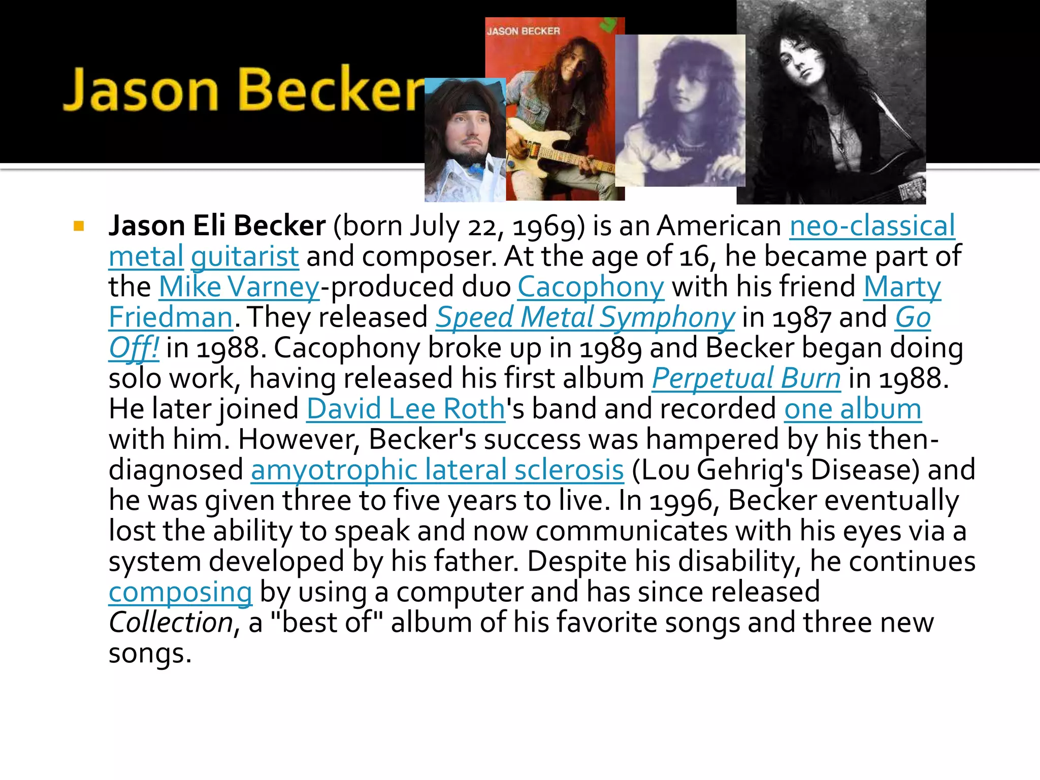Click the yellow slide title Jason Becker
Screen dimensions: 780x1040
click(x=243, y=89)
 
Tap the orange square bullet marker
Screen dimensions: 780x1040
click(x=78, y=226)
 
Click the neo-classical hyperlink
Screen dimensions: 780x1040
click(x=872, y=226)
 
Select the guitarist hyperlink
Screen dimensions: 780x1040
click(x=245, y=256)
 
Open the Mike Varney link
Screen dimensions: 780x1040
click(x=239, y=287)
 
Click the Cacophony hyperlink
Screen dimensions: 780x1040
click(x=591, y=287)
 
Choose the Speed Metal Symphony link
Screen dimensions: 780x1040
click(x=585, y=317)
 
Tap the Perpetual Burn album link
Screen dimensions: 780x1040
click(x=746, y=378)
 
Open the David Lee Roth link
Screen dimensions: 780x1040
click(x=406, y=409)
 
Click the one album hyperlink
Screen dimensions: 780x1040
click(x=853, y=409)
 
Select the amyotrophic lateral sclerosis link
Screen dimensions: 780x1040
click(x=437, y=470)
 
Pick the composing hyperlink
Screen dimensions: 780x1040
click(x=180, y=592)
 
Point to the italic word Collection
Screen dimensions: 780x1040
click(x=171, y=623)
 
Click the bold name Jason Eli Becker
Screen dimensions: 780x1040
click(x=217, y=226)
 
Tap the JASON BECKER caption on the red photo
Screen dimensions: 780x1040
click(x=523, y=31)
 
